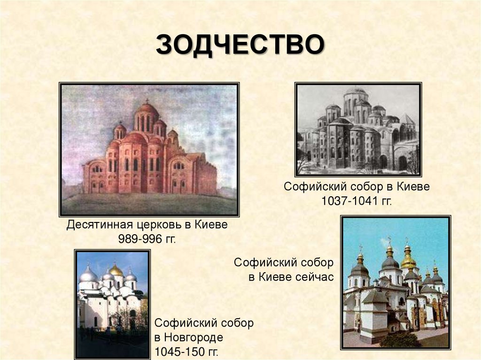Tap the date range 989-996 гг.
[147, 239]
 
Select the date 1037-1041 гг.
[357, 201]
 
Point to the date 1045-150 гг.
[186, 352]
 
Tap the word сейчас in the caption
[314, 276]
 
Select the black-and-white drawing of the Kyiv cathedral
[358, 129]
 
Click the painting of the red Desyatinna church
[149, 149]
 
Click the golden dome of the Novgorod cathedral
[115, 270]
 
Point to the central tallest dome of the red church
[147, 110]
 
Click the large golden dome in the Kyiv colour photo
[408, 260]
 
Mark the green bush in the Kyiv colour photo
[400, 339]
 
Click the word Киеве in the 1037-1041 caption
[413, 187]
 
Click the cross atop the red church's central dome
[147, 100]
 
